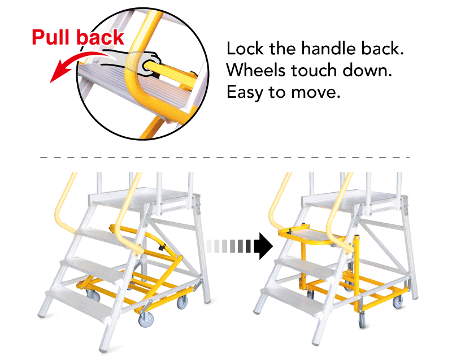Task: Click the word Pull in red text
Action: (51, 37)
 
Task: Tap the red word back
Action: (101, 37)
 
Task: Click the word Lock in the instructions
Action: (245, 48)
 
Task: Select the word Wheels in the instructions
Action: (257, 70)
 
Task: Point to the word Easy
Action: (245, 93)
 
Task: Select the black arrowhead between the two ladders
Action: (266, 246)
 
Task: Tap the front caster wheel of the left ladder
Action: (146, 319)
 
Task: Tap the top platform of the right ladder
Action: (355, 199)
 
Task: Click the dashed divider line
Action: (225, 158)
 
